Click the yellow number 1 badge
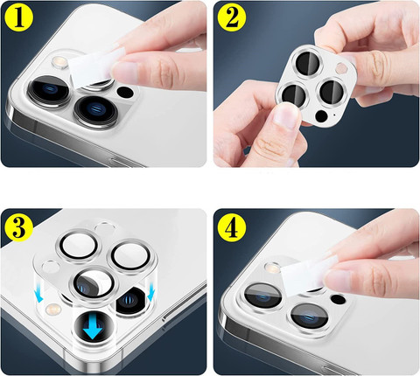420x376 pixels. (19, 17)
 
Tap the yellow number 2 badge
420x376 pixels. (232, 17)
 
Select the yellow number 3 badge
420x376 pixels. (19, 227)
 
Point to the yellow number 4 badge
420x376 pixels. (232, 227)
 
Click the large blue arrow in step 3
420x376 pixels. (93, 327)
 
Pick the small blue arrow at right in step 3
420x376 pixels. (150, 293)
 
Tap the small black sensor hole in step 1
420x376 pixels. (125, 92)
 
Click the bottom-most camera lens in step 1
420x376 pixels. (95, 110)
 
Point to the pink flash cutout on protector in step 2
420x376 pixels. (340, 68)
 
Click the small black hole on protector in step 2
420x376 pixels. (321, 116)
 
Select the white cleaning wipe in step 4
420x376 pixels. (305, 273)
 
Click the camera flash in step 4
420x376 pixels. (272, 268)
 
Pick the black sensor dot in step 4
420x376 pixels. (338, 299)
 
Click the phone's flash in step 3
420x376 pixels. (53, 308)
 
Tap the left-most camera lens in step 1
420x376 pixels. (49, 90)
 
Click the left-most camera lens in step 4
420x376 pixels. (262, 296)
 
